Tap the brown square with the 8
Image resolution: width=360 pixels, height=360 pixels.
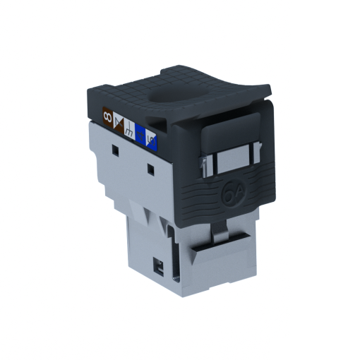(107, 114)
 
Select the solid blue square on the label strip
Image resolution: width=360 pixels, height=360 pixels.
(140, 133)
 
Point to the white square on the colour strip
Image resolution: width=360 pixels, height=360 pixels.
(129, 128)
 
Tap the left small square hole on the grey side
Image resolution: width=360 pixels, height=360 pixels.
(114, 150)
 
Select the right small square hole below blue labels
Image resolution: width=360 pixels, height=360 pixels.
(150, 169)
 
